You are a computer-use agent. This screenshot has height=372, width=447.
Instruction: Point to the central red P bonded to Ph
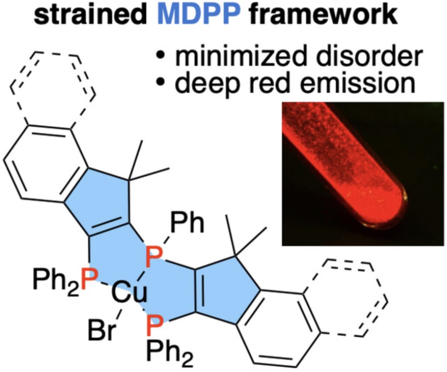[154, 258]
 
